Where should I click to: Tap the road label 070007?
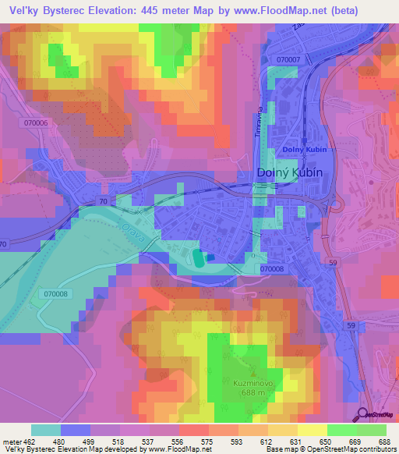pos(288,59)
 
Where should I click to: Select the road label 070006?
pos(36,123)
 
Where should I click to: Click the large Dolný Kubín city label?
pos(290,172)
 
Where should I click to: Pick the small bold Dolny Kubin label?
pos(302,149)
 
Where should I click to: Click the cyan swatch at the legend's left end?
pos(45,430)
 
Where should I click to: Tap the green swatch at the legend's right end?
pos(371,430)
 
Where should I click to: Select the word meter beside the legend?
pos(13,441)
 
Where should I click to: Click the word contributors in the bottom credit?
pos(377,449)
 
